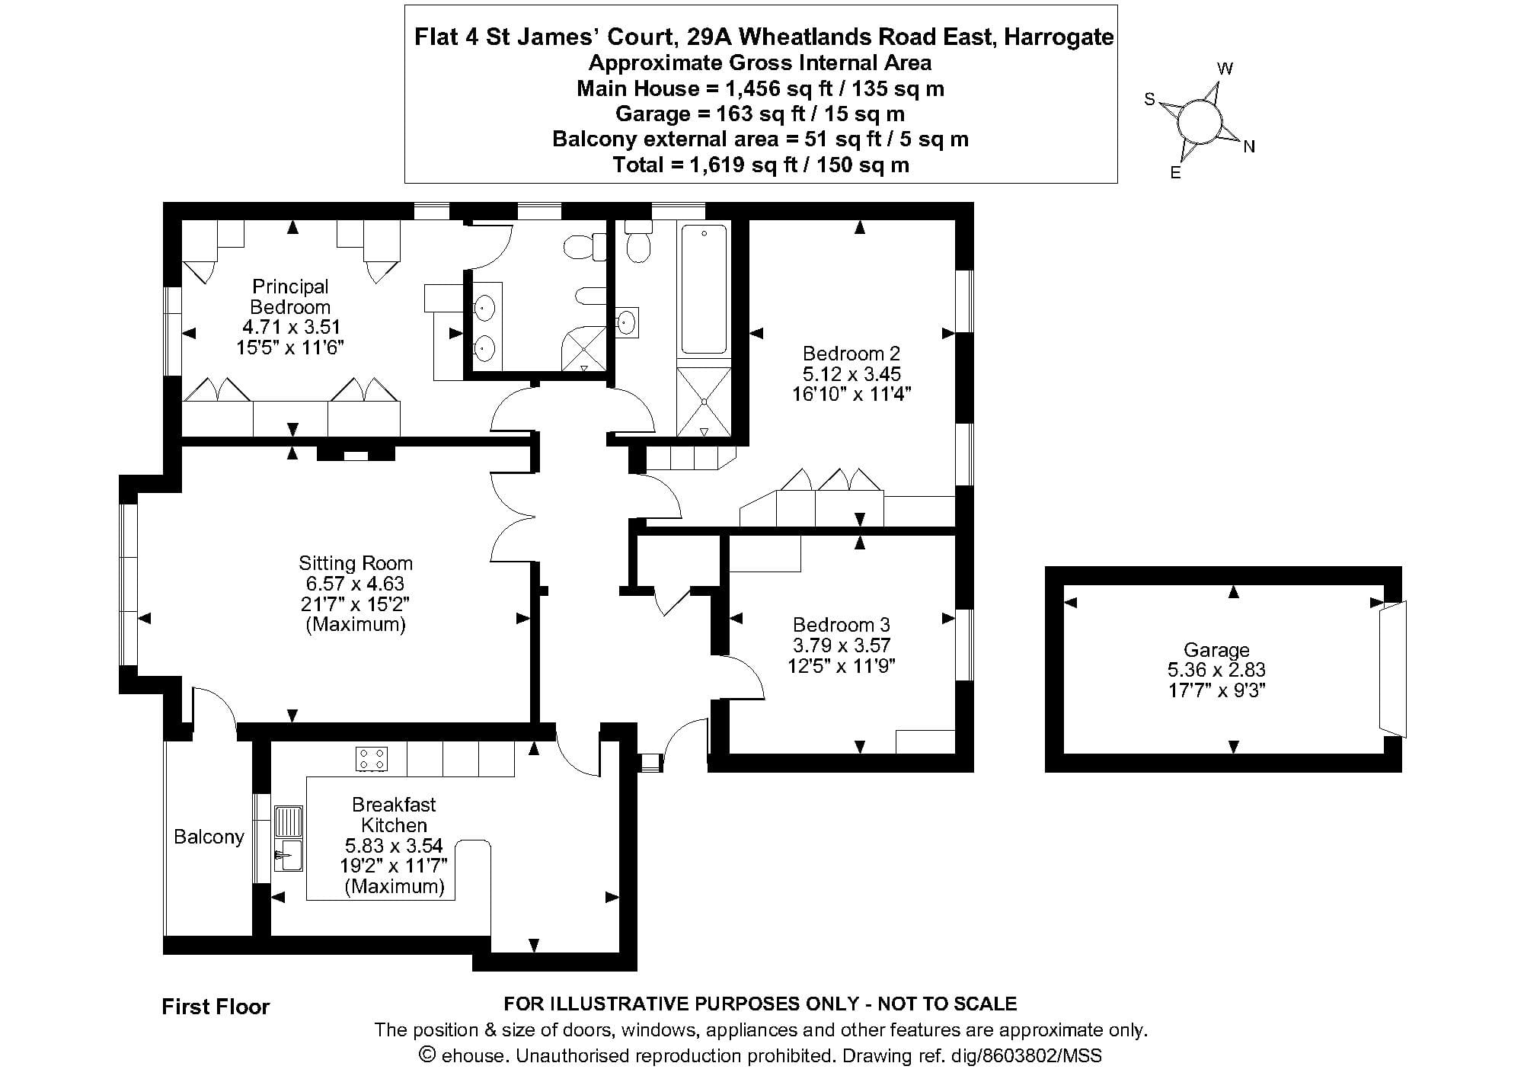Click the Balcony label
click(209, 837)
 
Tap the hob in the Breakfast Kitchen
click(372, 759)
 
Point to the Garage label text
click(1216, 650)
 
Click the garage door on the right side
click(1394, 670)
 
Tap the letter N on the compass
click(1249, 147)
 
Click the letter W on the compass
click(1225, 69)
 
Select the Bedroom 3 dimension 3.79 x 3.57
click(842, 645)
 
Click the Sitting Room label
click(356, 563)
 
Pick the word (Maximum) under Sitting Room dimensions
click(356, 625)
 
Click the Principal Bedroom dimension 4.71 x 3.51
click(291, 327)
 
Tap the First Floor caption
click(216, 1007)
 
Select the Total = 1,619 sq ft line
click(761, 165)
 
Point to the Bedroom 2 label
click(851, 354)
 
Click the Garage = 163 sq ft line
click(761, 114)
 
